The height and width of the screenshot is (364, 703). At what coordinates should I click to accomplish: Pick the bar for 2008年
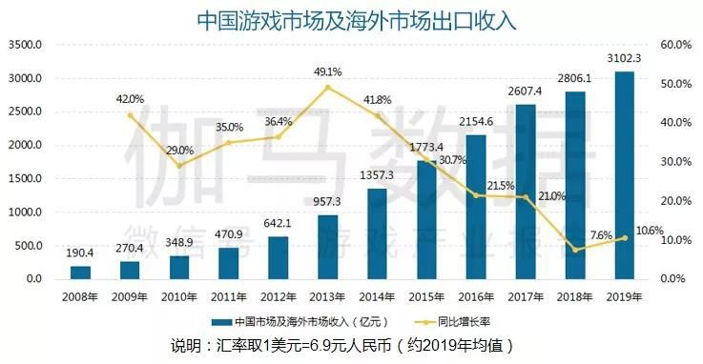81,273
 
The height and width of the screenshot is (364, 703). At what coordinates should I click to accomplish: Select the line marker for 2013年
327,88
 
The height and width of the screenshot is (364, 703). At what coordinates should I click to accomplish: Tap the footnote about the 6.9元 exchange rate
351,344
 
